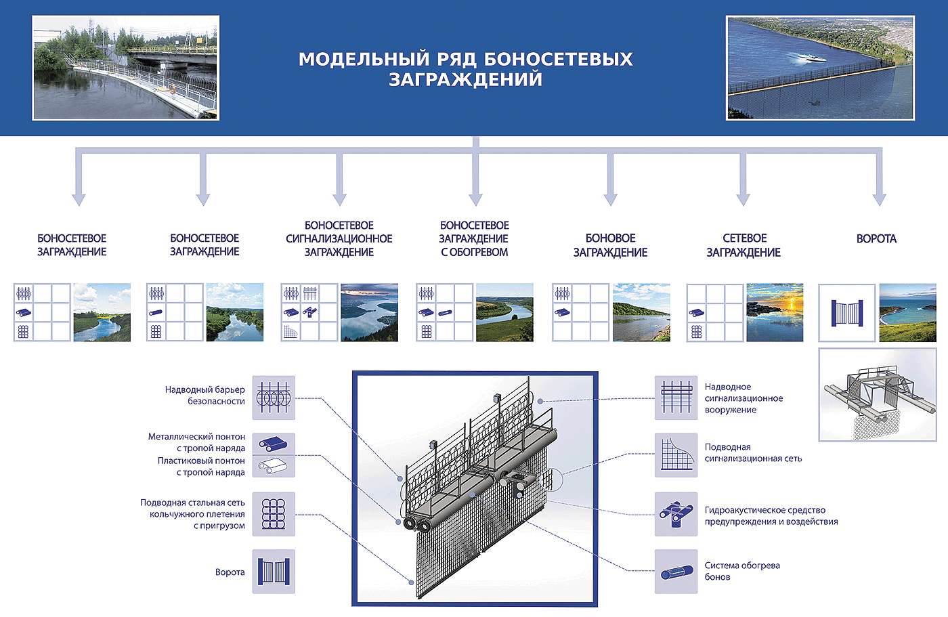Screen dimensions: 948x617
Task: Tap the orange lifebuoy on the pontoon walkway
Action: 172,89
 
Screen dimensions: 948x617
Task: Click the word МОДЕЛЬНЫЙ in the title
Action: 364,59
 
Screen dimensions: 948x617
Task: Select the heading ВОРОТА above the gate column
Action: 876,239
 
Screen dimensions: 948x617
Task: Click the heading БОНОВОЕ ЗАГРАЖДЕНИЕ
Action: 610,245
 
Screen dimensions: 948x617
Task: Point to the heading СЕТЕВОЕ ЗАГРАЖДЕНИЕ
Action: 744,245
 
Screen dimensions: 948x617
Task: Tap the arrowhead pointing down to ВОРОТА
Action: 880,200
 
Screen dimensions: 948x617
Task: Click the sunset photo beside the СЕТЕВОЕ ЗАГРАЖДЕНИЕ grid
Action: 775,312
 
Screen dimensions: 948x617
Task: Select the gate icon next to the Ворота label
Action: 274,572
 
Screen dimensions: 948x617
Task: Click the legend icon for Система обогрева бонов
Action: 676,572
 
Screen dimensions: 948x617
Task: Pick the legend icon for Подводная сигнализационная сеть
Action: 676,455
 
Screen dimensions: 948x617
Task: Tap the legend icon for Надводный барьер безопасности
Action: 274,398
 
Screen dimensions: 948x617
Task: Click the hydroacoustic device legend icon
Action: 676,514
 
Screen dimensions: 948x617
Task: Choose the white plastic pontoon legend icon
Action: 274,467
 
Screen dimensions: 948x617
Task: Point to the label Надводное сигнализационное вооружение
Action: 744,398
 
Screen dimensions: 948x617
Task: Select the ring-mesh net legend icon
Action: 274,514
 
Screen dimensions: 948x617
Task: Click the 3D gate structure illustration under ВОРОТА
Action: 878,395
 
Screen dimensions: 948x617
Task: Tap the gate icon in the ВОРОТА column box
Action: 847,313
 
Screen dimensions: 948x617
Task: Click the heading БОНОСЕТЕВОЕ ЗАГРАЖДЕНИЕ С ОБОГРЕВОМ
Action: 475,239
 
